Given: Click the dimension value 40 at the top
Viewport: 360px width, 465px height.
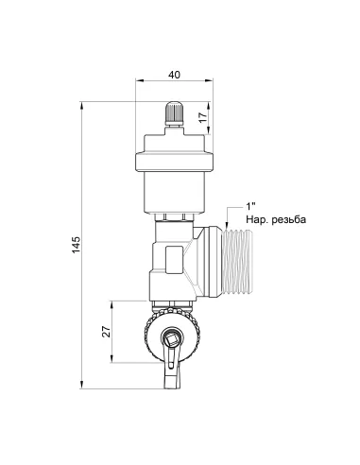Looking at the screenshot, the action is click(x=174, y=75).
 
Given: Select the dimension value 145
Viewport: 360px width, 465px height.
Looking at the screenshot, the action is click(x=77, y=245).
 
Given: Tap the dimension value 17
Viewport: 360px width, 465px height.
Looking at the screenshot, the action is click(x=203, y=117).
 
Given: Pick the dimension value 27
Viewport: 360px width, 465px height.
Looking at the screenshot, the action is click(x=107, y=332).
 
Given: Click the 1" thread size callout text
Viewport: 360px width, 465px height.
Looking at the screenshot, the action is click(x=250, y=206).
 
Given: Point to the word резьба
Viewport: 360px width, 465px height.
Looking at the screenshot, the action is click(x=288, y=219).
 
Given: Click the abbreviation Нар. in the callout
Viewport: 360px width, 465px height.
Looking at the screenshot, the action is click(x=257, y=219).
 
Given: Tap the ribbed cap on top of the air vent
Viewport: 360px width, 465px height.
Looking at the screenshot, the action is click(x=174, y=111).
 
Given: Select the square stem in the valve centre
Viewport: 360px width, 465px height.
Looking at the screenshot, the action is click(x=172, y=339).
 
